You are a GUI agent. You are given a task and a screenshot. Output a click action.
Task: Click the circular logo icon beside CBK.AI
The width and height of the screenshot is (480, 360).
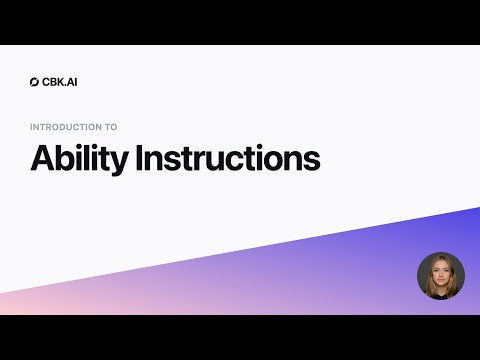click(36, 82)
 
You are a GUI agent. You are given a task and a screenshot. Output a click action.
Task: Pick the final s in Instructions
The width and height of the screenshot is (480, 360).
click(313, 161)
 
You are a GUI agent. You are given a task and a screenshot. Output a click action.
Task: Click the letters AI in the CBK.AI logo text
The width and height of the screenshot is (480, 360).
click(71, 82)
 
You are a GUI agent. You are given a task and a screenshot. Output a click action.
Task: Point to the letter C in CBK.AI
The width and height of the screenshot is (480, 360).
click(46, 82)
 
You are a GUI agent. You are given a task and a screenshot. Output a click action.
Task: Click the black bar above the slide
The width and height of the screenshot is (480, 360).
click(240, 22)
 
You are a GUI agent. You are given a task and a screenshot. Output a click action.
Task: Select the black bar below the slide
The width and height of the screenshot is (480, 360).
click(240, 338)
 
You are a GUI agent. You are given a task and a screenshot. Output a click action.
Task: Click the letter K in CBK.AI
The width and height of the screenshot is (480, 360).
click(60, 82)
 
